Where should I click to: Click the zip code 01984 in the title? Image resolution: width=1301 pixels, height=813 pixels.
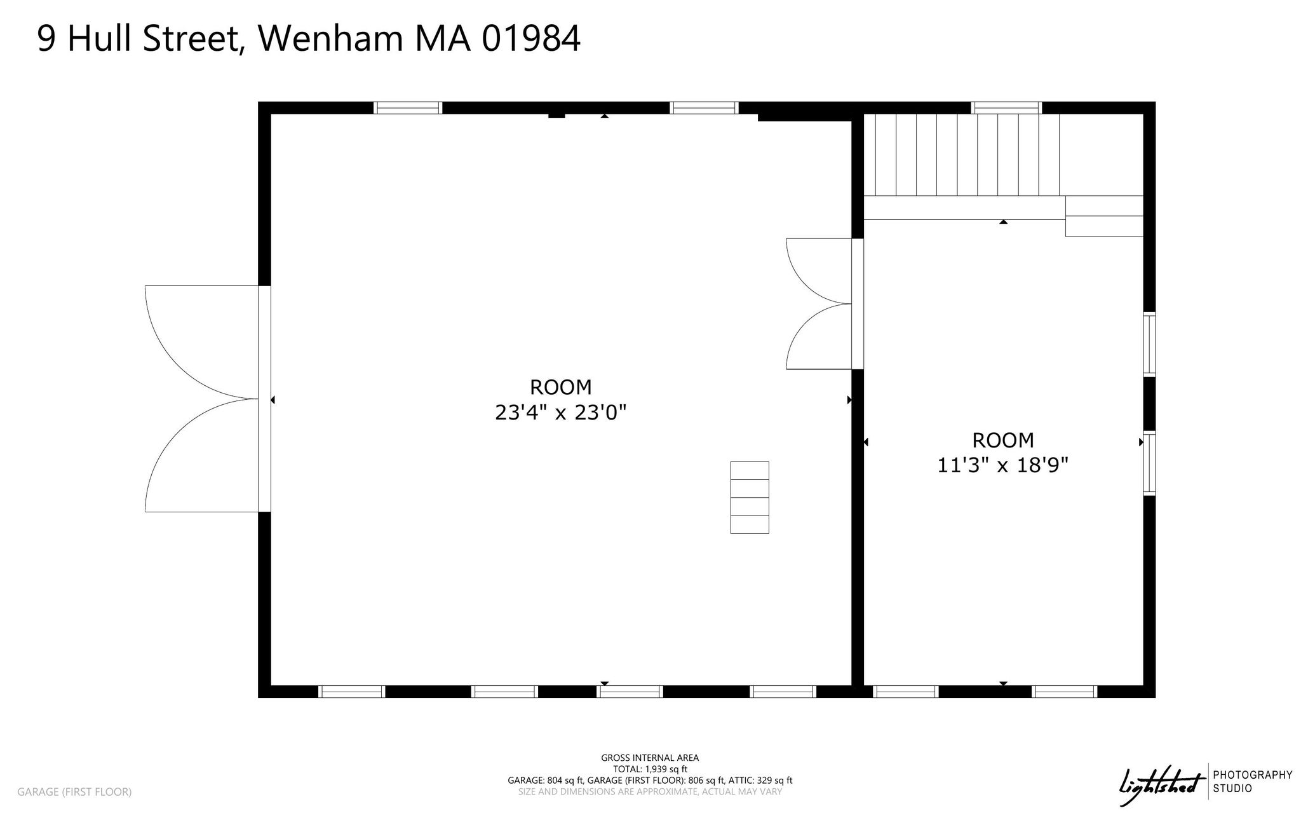point(531,39)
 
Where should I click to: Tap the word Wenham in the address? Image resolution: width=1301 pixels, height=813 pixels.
point(330,39)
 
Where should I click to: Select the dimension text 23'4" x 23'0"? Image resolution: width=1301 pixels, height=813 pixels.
point(561,413)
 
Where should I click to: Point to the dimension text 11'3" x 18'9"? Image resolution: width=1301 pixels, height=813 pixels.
point(1003,466)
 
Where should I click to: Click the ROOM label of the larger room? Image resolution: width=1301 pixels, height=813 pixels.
point(561,387)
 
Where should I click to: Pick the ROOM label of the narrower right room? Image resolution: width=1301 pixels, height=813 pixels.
point(1003,440)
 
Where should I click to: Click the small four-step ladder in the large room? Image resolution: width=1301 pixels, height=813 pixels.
point(750,497)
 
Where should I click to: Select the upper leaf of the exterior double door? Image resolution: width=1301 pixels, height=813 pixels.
point(202,342)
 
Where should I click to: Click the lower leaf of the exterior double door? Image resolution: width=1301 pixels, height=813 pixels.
point(202,455)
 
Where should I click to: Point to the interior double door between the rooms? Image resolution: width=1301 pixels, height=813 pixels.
point(819,304)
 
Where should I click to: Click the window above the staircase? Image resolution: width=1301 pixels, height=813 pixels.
point(1007,107)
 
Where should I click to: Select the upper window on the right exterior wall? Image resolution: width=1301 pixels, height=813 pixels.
point(1149,344)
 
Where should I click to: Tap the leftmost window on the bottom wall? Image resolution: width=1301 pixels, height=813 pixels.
point(351,692)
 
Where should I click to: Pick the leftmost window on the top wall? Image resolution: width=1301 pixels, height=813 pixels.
point(408,107)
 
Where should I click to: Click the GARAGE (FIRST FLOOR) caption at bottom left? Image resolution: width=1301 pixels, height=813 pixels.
point(74,792)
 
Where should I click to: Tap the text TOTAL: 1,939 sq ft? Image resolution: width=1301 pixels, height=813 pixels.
point(650,769)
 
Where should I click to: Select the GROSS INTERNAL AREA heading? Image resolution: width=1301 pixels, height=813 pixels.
point(650,758)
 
